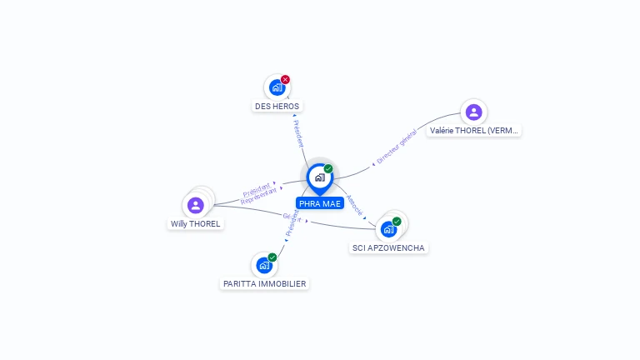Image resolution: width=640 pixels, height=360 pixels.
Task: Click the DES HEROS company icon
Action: click(277, 87)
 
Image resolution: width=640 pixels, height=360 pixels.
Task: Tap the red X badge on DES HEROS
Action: click(286, 79)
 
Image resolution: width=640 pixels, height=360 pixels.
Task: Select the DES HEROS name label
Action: click(277, 107)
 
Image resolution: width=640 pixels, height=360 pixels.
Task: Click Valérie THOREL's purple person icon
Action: click(473, 112)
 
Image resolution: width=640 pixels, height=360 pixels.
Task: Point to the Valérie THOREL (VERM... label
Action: click(474, 131)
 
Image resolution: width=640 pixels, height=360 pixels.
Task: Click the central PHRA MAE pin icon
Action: click(319, 177)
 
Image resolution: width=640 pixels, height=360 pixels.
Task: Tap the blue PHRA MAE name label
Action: click(320, 203)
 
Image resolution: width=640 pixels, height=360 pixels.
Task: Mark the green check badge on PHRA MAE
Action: click(328, 168)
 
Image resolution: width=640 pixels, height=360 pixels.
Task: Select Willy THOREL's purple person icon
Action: click(196, 205)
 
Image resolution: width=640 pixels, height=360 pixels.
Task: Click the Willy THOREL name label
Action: click(196, 224)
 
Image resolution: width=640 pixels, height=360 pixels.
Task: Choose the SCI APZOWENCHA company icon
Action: click(388, 229)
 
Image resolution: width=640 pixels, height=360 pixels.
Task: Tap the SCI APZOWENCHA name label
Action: click(388, 248)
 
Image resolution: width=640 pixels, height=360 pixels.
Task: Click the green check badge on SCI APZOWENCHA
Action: click(397, 222)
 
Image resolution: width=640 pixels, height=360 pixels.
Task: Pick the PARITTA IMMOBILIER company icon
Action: click(264, 265)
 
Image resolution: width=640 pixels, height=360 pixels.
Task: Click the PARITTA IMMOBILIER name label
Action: click(265, 284)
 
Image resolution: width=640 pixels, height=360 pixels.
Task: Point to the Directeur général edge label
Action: click(397, 147)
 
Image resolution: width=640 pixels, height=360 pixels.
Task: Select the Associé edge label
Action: click(355, 206)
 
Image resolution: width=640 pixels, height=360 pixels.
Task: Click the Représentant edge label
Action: click(258, 197)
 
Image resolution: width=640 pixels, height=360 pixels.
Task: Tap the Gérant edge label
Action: click(291, 217)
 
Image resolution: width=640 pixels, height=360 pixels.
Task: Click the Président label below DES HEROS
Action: click(298, 132)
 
